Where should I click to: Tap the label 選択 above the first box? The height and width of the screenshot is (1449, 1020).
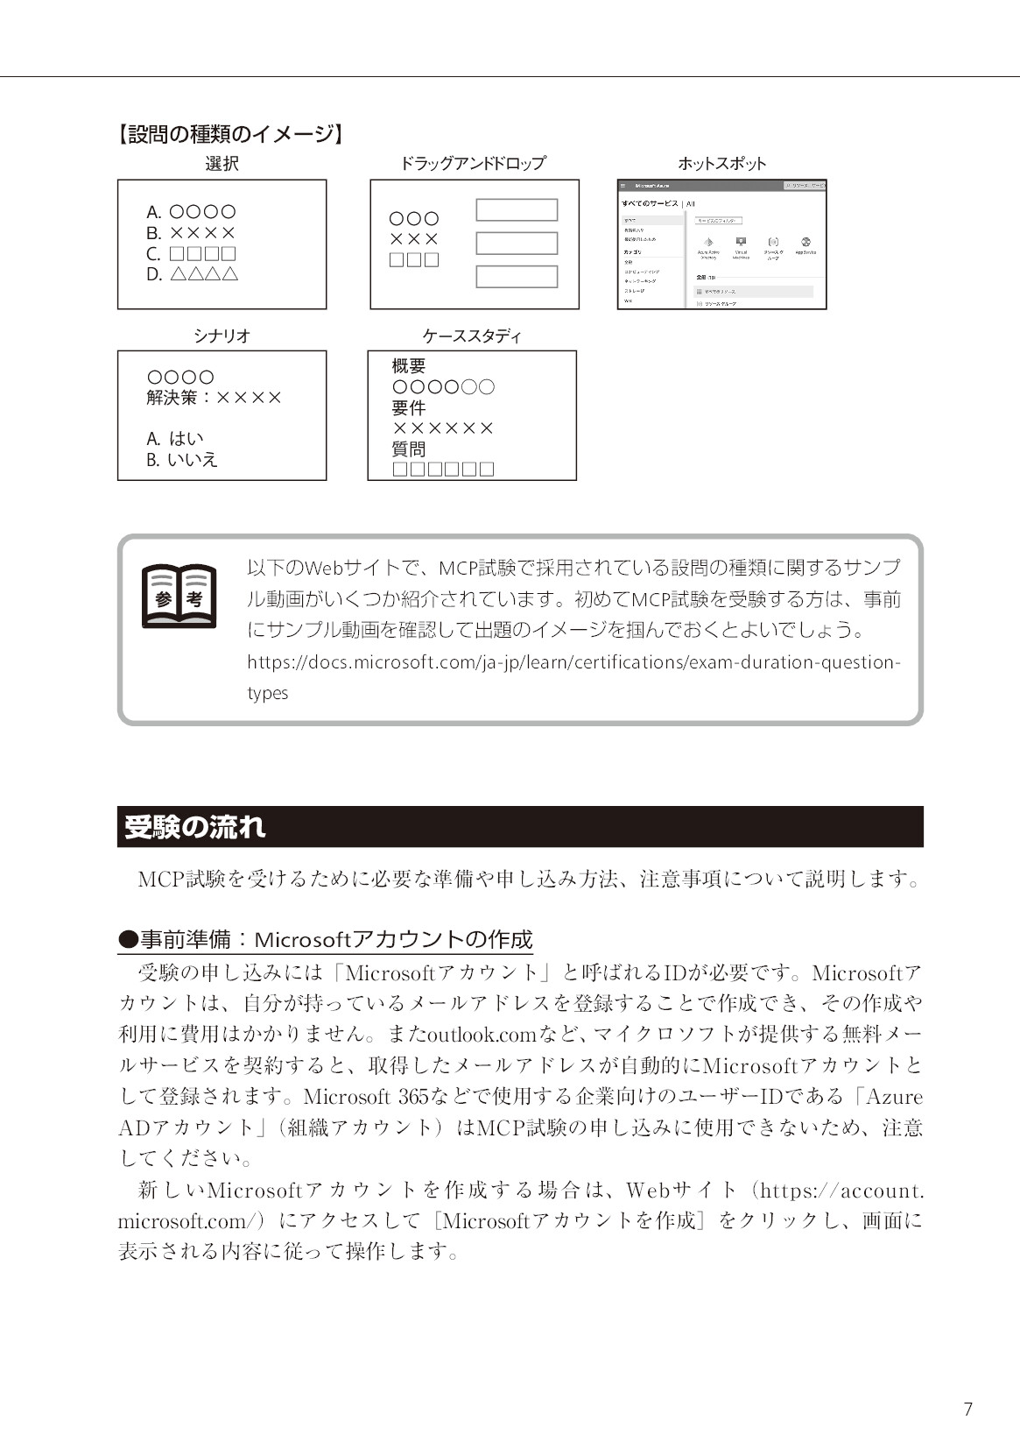pyautogui.click(x=222, y=164)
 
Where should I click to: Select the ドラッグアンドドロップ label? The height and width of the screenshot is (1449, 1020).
pyautogui.click(x=473, y=164)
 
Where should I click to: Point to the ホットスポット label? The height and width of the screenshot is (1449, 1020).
pyautogui.click(x=721, y=164)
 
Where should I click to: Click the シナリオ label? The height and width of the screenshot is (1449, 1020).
pyautogui.click(x=222, y=336)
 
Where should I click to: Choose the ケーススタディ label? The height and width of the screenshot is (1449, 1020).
pyautogui.click(x=472, y=336)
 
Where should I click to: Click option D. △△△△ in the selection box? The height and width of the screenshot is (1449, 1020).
pyautogui.click(x=193, y=274)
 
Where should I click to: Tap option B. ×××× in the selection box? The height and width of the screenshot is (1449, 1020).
pyautogui.click(x=191, y=233)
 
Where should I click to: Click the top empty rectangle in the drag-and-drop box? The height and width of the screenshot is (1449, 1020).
pyautogui.click(x=517, y=210)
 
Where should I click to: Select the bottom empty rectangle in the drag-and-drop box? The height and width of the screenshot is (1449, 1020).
pyautogui.click(x=517, y=277)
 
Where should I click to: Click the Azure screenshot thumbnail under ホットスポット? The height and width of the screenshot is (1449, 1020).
pyautogui.click(x=721, y=244)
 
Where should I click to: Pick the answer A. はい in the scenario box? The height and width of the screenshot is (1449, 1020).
pyautogui.click(x=175, y=439)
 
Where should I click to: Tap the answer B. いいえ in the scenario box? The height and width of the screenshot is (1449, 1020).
pyautogui.click(x=182, y=460)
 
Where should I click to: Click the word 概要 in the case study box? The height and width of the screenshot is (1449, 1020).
pyautogui.click(x=409, y=366)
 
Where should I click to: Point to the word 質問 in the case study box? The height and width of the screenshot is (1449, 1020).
pyautogui.click(x=409, y=449)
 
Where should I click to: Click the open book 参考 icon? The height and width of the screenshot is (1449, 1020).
pyautogui.click(x=179, y=597)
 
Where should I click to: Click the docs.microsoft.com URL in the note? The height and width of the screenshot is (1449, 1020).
pyautogui.click(x=573, y=662)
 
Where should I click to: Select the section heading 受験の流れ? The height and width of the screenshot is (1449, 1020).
pyautogui.click(x=194, y=827)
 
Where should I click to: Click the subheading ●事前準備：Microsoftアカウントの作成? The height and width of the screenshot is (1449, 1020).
pyautogui.click(x=326, y=940)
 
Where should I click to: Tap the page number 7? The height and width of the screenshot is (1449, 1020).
pyautogui.click(x=967, y=1409)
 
